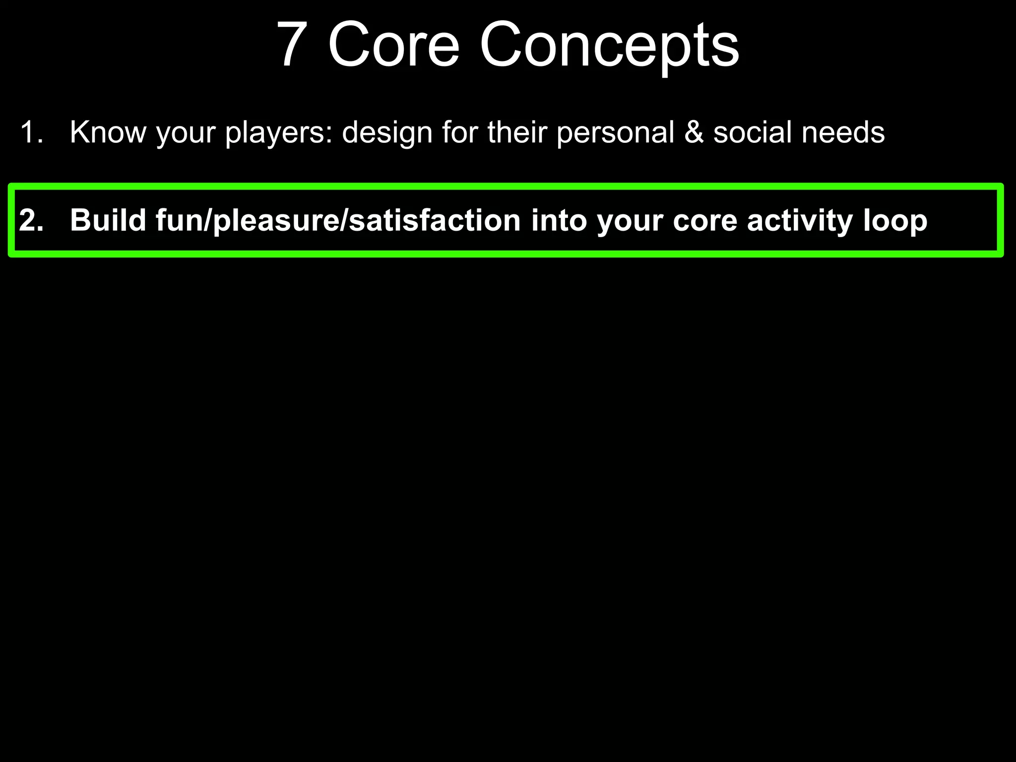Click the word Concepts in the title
pyautogui.click(x=609, y=46)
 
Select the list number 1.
pyautogui.click(x=31, y=132)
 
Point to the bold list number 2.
pyautogui.click(x=31, y=220)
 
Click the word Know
pyautogui.click(x=108, y=132)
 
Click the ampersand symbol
pyautogui.click(x=694, y=132)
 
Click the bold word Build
pyautogui.click(x=108, y=220)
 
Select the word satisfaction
pyautogui.click(x=435, y=220)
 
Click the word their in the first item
pyautogui.click(x=516, y=132)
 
